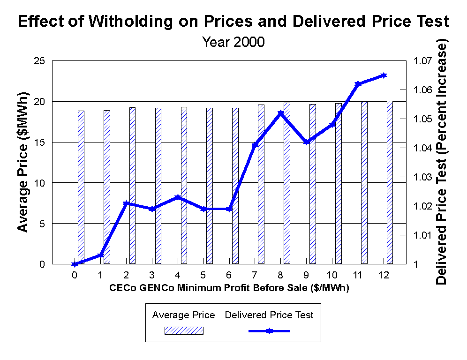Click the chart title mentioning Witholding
point(233,21)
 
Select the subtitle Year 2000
point(233,42)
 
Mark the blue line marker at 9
point(306,142)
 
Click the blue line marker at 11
point(358,84)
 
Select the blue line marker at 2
point(126,203)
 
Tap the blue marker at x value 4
point(178,197)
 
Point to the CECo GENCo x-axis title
point(230,287)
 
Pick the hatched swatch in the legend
point(184,331)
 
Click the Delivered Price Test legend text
point(269,315)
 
